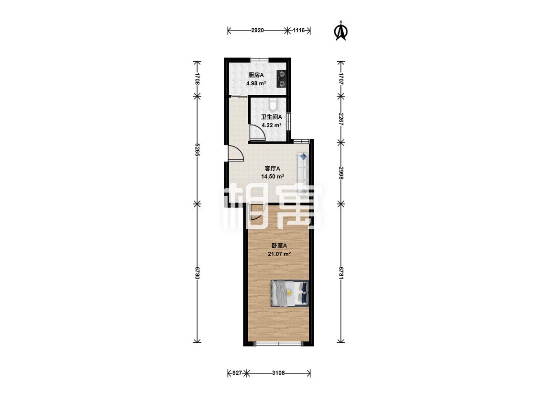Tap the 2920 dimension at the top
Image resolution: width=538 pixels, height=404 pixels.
257,30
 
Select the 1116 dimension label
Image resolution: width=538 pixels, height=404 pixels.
298,30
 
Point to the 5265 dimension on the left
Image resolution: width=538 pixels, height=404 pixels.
197,150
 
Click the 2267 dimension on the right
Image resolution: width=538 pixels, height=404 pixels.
340,119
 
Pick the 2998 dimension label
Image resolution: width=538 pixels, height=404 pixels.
340,173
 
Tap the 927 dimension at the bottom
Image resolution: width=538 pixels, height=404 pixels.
237,373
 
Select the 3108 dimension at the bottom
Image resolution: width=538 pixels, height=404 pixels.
278,373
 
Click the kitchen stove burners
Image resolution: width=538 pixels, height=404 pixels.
282,79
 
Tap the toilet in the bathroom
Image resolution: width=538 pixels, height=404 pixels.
273,104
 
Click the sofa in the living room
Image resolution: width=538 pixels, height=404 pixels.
303,172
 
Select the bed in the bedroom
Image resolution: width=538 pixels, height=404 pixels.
290,292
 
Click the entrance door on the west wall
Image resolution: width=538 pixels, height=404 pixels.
235,153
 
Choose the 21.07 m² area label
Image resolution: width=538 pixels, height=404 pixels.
279,254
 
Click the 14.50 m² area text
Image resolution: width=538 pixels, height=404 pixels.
273,177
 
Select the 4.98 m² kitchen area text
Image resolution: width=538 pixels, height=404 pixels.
256,83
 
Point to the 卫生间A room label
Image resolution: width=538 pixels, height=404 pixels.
272,117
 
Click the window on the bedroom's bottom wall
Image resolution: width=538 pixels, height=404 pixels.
278,344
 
